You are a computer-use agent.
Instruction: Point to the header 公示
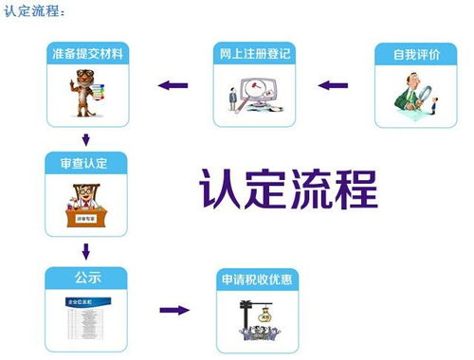87,279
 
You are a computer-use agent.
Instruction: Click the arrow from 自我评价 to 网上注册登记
333,86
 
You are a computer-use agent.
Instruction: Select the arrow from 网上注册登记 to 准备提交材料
172,86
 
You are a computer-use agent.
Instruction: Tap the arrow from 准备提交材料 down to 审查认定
86,139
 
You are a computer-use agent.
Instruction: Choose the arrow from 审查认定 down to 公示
86,252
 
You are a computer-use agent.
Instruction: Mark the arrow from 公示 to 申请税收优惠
173,310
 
